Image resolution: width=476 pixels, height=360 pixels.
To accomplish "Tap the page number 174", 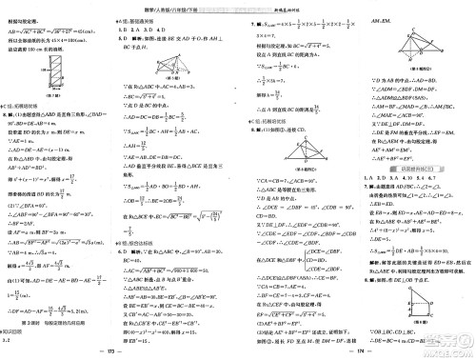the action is coord(359,351).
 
